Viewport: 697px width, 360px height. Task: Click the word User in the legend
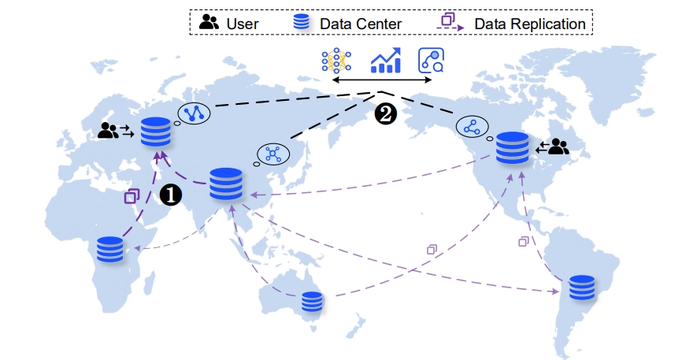click(x=242, y=24)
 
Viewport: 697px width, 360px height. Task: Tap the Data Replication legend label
click(x=530, y=24)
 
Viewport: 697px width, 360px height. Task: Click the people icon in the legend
click(x=209, y=22)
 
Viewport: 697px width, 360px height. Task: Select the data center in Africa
click(x=110, y=249)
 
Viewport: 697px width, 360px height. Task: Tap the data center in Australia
click(x=313, y=302)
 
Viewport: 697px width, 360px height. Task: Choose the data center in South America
click(x=581, y=288)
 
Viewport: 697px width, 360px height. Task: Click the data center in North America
click(x=513, y=147)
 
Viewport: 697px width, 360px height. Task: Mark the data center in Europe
click(x=155, y=132)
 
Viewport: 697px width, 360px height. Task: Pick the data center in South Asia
click(x=226, y=184)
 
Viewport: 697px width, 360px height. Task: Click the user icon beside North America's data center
click(x=558, y=147)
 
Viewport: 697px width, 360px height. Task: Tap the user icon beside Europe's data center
click(x=108, y=131)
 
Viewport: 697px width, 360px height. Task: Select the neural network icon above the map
click(x=336, y=61)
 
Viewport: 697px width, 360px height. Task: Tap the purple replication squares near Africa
click(x=132, y=195)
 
